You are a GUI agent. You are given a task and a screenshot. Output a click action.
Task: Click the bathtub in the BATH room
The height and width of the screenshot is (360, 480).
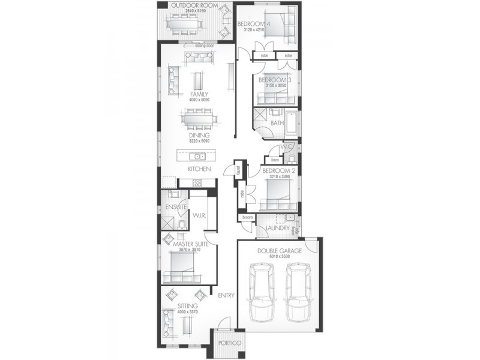292,122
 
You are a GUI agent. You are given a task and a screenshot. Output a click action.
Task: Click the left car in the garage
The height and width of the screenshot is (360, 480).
264,294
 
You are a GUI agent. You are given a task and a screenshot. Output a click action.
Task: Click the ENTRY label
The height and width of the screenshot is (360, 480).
226,295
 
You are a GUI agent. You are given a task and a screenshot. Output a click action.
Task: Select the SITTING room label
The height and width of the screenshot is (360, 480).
187,306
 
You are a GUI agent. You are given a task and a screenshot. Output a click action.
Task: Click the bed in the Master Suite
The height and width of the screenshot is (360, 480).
182,265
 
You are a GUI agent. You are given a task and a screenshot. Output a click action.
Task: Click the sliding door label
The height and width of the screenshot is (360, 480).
196,44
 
